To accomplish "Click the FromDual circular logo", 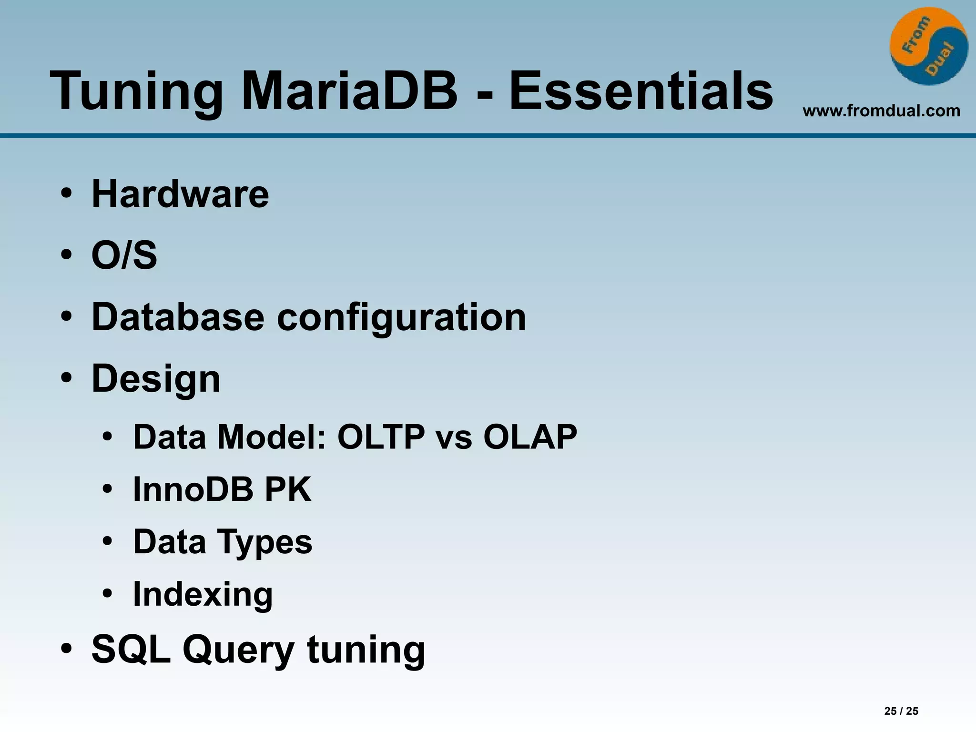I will [x=928, y=46].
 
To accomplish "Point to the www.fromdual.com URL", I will [x=881, y=111].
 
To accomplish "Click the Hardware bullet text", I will [x=180, y=194].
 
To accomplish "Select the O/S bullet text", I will [x=124, y=255].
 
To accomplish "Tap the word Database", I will [x=178, y=317].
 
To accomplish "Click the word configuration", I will [x=401, y=318].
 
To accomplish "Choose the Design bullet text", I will [x=156, y=379].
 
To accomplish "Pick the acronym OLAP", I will [x=530, y=437].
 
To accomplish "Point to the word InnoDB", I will [x=193, y=489].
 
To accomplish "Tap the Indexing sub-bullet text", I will [x=203, y=595].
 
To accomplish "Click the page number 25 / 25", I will [x=901, y=711].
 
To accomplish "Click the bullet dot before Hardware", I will [x=66, y=194].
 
